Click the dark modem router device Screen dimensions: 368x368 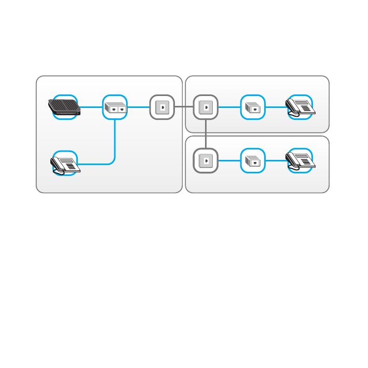(x=65, y=106)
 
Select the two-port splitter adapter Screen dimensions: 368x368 (x=115, y=108)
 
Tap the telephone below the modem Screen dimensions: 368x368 (x=65, y=164)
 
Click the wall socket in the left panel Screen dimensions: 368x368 (x=161, y=107)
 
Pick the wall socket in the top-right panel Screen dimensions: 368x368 (x=206, y=107)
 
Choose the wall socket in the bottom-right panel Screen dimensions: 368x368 (x=206, y=160)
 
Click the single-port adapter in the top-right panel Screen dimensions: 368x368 (x=253, y=107)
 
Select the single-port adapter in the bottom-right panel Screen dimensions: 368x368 (x=253, y=161)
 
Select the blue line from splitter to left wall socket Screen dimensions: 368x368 (x=138, y=107)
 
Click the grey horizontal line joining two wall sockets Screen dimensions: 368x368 (x=183, y=107)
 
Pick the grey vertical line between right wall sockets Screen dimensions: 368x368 (x=206, y=133)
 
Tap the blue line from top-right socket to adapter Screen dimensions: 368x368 (x=229, y=107)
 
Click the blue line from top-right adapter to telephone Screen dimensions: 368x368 (x=276, y=107)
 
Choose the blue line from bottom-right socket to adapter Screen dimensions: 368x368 (x=229, y=160)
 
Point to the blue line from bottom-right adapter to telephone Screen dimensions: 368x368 (x=276, y=160)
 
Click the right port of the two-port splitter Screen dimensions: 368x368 (x=120, y=109)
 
